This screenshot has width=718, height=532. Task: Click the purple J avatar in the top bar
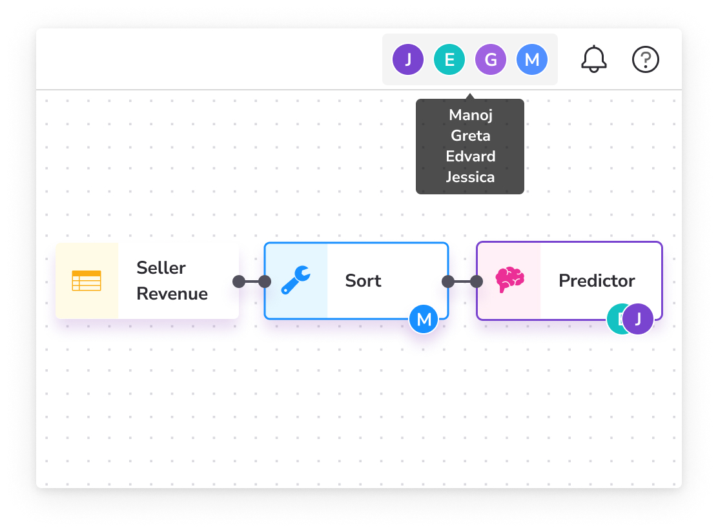tap(408, 59)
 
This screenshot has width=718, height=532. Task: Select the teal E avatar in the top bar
tap(449, 59)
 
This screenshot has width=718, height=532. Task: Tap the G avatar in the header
tap(491, 59)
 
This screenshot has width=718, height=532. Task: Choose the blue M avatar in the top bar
tap(531, 59)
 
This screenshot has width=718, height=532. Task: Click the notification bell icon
tap(594, 59)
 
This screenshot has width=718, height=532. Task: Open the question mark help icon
tap(645, 59)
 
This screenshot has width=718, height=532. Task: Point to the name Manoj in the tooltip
tap(470, 116)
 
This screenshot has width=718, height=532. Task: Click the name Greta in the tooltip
tap(470, 136)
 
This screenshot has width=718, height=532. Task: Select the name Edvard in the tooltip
tap(470, 156)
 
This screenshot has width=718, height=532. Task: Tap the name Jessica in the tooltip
tap(470, 177)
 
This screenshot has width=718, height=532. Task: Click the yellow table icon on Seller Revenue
tap(87, 281)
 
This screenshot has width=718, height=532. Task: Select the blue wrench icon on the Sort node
tap(296, 280)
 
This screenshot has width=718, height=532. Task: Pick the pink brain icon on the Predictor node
tap(509, 280)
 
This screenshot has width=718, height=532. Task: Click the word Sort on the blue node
tap(363, 281)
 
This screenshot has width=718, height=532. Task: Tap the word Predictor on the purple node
tap(597, 281)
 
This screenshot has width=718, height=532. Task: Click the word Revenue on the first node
tap(172, 294)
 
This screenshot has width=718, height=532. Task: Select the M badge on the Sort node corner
tap(424, 319)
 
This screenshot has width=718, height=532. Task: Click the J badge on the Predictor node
tap(638, 319)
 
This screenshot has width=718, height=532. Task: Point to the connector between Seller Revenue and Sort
tap(252, 281)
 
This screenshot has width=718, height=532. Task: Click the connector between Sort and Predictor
tap(462, 281)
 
